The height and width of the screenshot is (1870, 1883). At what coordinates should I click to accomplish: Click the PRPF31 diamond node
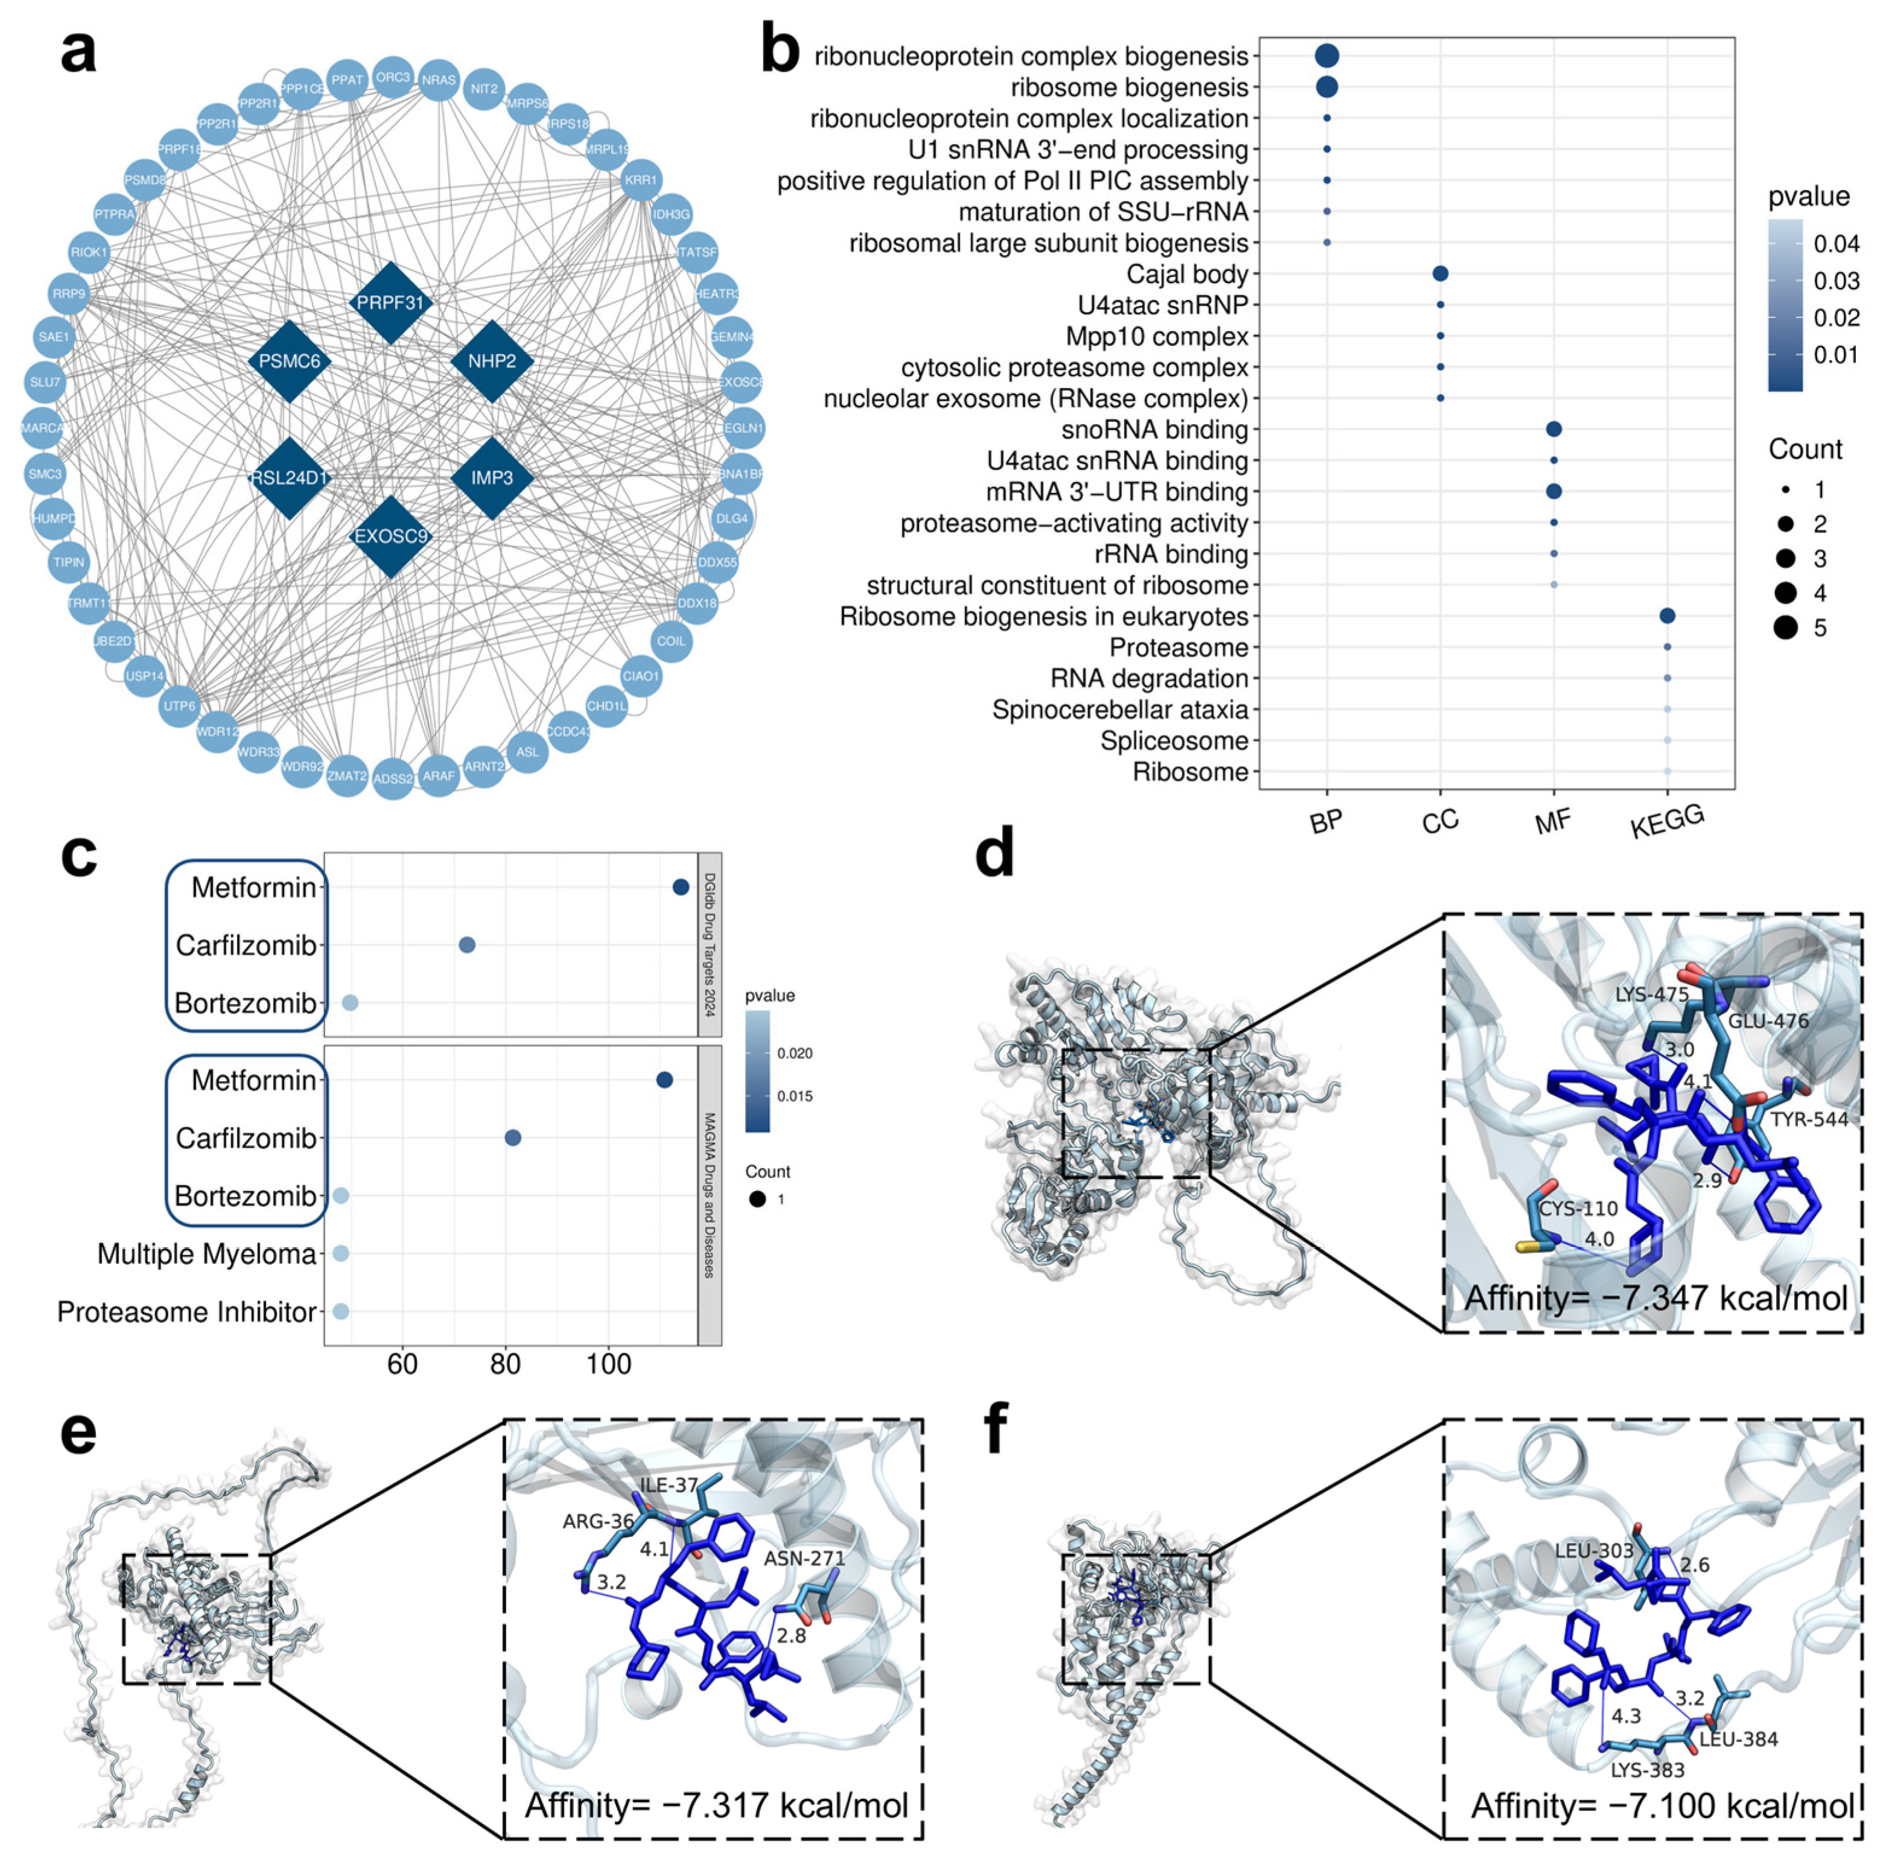[x=390, y=302]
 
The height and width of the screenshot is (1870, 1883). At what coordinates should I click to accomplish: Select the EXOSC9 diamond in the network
[x=390, y=536]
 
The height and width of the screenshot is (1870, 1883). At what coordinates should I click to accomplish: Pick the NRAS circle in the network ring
[x=439, y=80]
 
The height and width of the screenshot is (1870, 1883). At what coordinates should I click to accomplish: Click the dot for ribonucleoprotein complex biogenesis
[x=1327, y=56]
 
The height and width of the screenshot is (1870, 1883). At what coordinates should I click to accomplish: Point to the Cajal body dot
[x=1440, y=274]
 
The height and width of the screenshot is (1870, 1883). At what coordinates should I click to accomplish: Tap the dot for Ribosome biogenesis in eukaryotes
[x=1668, y=616]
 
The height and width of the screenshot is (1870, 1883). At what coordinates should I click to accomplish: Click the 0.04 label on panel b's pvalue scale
[x=1836, y=244]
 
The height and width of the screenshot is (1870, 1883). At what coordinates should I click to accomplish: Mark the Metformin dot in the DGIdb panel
[x=681, y=887]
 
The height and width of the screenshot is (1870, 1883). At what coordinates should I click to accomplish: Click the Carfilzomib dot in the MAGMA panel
[x=513, y=1138]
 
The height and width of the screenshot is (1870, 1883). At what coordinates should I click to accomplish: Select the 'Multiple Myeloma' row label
[x=206, y=1254]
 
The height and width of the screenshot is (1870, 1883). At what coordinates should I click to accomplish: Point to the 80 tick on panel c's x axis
[x=505, y=1364]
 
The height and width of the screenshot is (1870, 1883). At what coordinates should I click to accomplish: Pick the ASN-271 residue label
[x=804, y=1558]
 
